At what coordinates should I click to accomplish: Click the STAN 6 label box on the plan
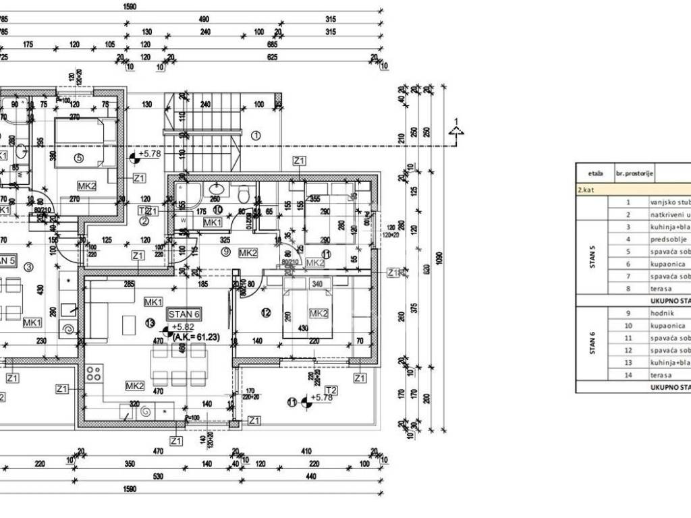pyautogui.click(x=184, y=313)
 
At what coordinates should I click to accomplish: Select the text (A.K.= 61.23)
pyautogui.click(x=200, y=336)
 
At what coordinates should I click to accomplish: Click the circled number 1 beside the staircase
pyautogui.click(x=255, y=135)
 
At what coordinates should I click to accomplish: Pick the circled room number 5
pyautogui.click(x=78, y=159)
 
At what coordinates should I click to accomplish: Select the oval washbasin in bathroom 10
pyautogui.click(x=216, y=188)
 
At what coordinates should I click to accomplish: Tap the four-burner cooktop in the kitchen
pyautogui.click(x=94, y=372)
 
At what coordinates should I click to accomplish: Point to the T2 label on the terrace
pyautogui.click(x=331, y=389)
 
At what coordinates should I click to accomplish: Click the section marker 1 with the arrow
pyautogui.click(x=457, y=129)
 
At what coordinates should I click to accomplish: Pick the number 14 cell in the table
pyautogui.click(x=628, y=375)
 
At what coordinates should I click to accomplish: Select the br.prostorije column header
pyautogui.click(x=634, y=173)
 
